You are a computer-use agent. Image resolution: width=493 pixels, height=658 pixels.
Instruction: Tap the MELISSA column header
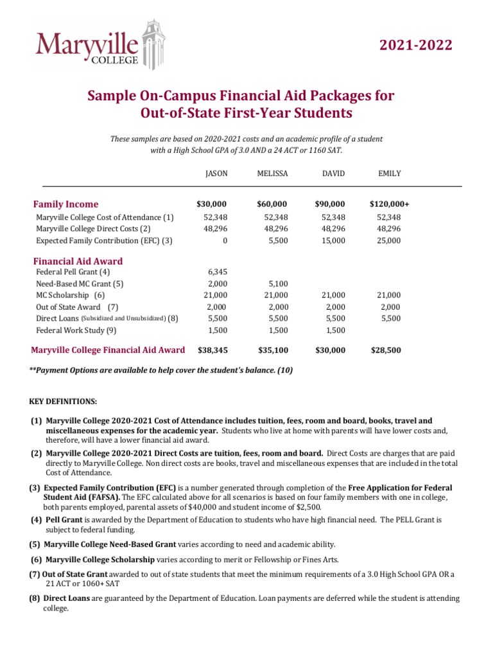tap(272, 173)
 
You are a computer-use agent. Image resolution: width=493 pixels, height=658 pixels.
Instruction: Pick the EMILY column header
tap(390, 173)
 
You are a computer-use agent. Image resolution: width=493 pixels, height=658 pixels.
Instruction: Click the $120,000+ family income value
tap(389, 204)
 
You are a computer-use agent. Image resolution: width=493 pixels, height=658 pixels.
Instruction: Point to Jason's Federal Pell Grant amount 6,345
tap(216, 272)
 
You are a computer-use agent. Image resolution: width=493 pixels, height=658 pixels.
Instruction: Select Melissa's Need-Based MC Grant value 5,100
tap(277, 283)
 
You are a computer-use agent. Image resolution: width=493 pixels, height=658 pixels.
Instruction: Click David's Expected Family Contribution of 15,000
tap(333, 240)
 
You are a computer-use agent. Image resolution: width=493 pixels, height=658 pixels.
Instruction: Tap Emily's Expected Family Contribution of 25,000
tap(389, 240)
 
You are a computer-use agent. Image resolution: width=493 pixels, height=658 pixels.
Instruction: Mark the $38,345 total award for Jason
tap(211, 350)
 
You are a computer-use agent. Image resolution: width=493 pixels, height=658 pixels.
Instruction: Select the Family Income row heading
tap(66, 204)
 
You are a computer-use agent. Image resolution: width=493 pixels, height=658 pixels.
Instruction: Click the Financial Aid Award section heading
tap(78, 261)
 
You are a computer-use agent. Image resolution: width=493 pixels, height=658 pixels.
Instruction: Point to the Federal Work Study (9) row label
tap(76, 330)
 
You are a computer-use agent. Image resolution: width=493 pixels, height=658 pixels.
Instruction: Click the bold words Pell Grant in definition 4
tap(64, 519)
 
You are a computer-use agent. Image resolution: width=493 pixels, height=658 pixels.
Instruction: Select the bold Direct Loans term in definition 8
tap(67, 598)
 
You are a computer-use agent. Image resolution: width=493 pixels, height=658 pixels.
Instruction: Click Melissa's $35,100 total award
tap(273, 350)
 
